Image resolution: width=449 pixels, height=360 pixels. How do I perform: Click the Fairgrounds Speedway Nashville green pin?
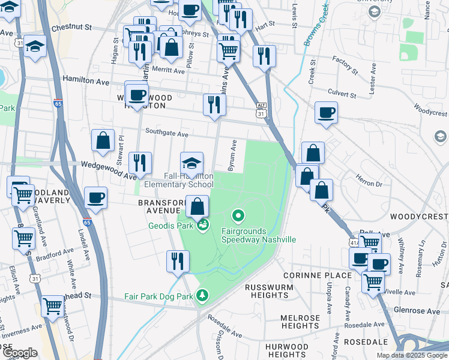238,215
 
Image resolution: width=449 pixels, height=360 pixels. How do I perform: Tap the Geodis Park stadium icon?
203,225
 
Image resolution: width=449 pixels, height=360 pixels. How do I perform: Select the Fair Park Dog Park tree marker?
203,295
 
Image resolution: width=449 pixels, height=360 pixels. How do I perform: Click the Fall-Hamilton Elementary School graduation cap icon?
191,163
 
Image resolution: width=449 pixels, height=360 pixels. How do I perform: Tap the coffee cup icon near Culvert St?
326,112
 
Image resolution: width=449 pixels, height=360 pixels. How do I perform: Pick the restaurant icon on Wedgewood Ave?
140,163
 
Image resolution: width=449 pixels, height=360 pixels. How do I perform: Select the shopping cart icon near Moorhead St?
52,305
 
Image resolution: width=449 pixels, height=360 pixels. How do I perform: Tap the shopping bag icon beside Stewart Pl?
103,140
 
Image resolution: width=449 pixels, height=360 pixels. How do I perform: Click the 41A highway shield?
352,242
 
